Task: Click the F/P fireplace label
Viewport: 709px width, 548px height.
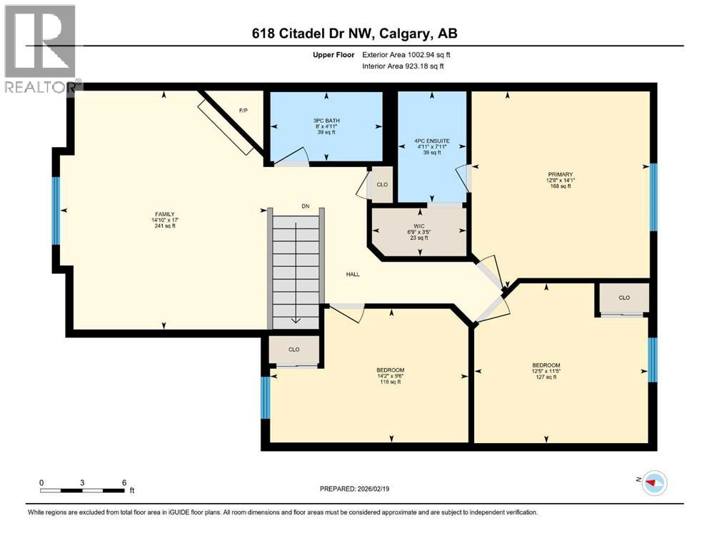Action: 243,111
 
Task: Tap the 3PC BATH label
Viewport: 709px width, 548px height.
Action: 326,121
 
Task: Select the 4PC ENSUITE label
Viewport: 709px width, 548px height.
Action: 432,141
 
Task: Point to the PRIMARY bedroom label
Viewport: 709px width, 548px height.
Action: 560,174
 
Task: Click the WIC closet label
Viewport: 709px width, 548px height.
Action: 419,226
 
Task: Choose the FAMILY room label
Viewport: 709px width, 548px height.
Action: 165,214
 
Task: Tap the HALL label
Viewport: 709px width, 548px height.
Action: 353,274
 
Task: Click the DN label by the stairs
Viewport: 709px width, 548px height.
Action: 306,206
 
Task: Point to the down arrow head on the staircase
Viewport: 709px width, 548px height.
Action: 296,320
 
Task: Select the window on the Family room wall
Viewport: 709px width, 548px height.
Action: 56,210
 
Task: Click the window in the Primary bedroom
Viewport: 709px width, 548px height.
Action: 653,197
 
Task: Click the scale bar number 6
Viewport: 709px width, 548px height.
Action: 124,482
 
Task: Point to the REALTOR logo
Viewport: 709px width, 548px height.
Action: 41,49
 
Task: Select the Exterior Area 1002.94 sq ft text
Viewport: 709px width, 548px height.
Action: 406,55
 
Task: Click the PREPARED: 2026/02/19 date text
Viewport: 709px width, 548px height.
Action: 354,489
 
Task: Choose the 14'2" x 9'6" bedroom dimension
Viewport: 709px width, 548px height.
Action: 391,376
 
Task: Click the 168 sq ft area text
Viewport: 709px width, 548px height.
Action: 560,186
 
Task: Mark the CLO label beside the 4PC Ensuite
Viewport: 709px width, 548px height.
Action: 382,185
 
